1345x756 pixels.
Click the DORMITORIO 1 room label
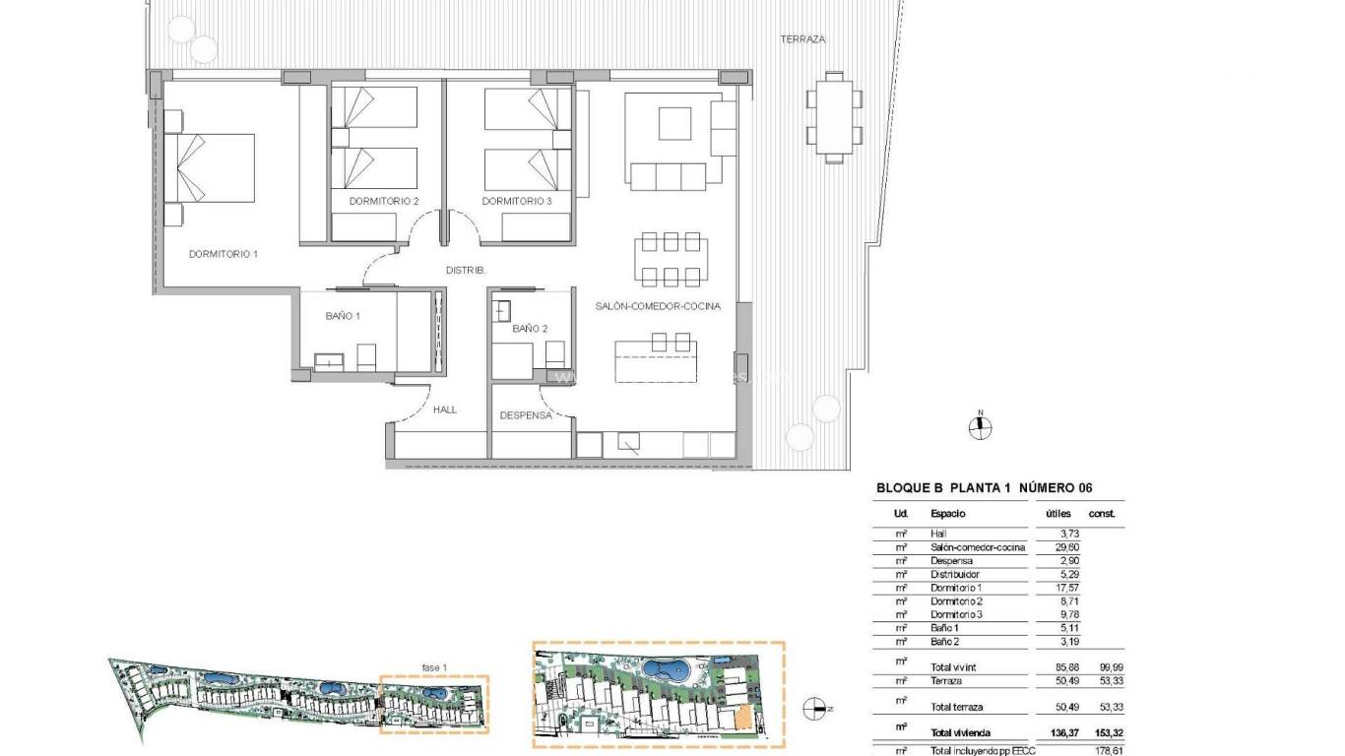coord(223,254)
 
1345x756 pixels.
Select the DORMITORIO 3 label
coord(517,202)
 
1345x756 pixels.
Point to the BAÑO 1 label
coord(343,316)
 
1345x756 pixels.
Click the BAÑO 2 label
coord(530,329)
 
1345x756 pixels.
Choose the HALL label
coord(445,409)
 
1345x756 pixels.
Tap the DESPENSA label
coord(526,415)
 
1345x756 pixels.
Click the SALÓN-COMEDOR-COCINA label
coord(658,306)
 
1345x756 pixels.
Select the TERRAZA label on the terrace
coord(802,40)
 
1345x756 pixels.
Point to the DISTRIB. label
coord(467,270)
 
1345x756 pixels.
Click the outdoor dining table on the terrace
coord(834,117)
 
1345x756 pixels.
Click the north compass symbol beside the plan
coord(980,427)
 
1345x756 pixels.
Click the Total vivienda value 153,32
coord(1102,732)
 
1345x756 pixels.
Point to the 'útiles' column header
coord(1058,513)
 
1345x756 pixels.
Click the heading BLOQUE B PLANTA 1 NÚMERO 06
coord(984,487)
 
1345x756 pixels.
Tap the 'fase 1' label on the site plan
coord(434,667)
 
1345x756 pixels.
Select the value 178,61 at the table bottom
coord(1102,750)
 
